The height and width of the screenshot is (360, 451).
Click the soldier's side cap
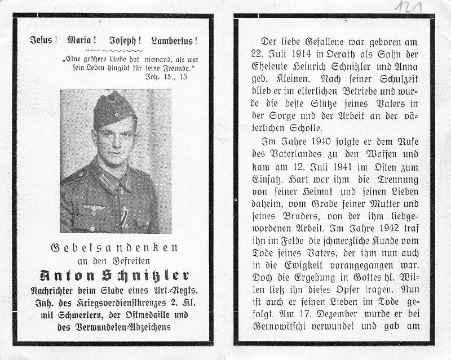click(114, 109)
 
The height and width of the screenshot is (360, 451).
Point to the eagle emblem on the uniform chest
click(91, 209)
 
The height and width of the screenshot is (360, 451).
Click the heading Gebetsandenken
click(114, 248)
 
